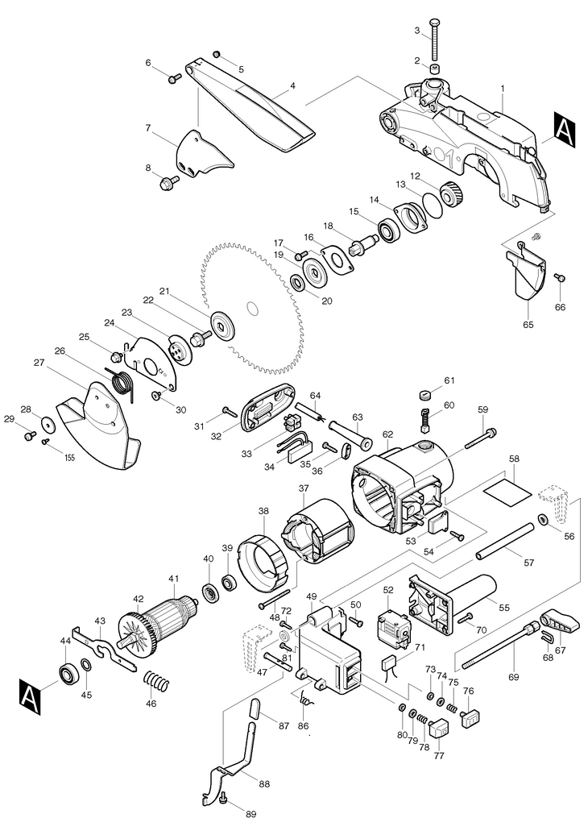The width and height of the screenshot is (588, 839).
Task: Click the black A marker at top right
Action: (x=565, y=128)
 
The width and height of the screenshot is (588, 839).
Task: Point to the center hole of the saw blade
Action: (x=253, y=307)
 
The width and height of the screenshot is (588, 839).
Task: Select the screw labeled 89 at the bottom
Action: (x=222, y=799)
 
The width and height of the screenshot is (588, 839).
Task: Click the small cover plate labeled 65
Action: (x=528, y=276)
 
